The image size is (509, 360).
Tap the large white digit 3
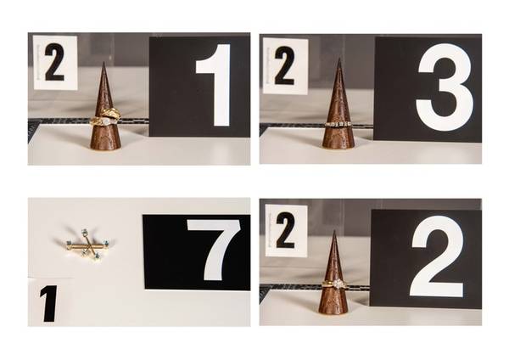pos(444,87)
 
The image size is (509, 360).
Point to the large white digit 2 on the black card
pos(437,256)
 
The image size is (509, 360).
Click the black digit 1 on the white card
pos(49,304)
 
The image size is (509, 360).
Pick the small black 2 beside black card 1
pos(54,62)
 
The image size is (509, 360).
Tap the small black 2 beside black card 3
pos(284,65)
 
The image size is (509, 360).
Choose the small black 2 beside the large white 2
pos(285,230)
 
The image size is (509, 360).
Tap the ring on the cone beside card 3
pos(338,124)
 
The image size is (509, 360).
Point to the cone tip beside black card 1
pos(103,62)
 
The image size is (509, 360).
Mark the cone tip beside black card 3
pos(338,59)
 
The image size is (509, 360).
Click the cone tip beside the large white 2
pos(335,231)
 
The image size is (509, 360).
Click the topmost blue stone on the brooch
pos(84,231)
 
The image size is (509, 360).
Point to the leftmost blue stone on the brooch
pos(69,243)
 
